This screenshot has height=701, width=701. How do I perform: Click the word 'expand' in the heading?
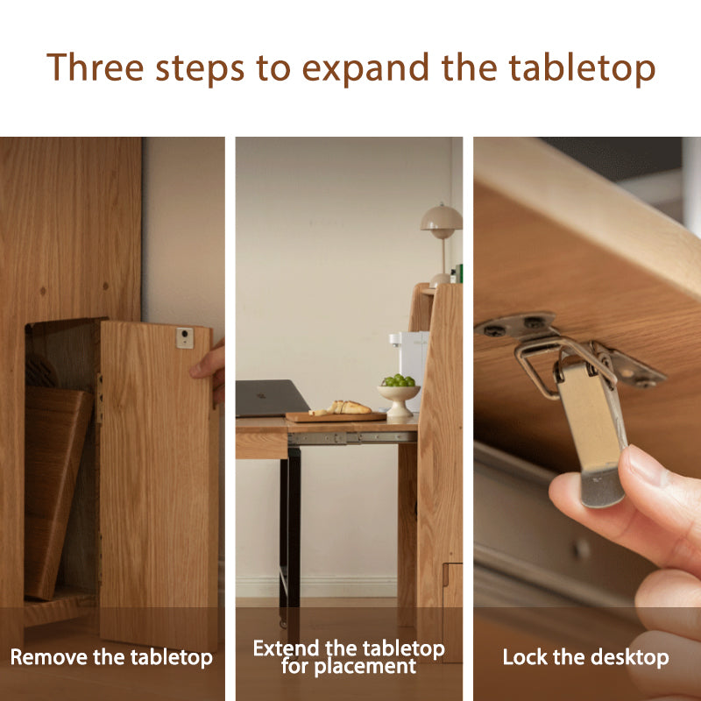click(x=365, y=69)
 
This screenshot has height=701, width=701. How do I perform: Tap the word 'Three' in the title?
click(x=95, y=67)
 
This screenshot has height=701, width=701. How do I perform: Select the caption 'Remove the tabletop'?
click(x=111, y=657)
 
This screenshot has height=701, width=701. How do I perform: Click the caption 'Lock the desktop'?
click(x=585, y=657)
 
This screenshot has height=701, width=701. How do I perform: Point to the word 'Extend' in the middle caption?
click(x=287, y=648)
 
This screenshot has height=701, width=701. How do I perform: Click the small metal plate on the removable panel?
click(x=185, y=338)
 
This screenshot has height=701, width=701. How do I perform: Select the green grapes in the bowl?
click(x=399, y=380)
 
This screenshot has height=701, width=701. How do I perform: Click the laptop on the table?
click(x=272, y=398)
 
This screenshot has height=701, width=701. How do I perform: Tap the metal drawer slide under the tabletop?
click(x=352, y=438)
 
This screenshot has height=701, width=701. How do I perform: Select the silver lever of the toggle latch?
click(x=591, y=430)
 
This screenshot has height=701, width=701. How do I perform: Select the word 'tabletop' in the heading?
click(x=582, y=69)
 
